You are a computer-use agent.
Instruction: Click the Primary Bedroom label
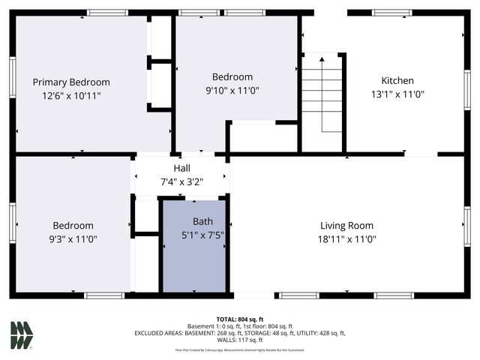click(x=71, y=82)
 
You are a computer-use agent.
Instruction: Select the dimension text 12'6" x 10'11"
click(x=71, y=96)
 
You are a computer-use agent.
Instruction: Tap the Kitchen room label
click(x=397, y=81)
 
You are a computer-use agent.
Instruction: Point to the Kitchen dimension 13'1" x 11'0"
click(x=397, y=95)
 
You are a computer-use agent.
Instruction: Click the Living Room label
click(x=348, y=226)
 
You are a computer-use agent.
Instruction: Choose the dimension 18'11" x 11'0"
click(x=348, y=239)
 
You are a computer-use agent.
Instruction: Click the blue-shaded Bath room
click(x=195, y=262)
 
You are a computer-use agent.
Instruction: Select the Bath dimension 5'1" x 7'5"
click(x=203, y=235)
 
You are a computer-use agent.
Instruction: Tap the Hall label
click(x=181, y=168)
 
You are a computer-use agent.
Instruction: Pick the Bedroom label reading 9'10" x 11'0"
click(x=232, y=83)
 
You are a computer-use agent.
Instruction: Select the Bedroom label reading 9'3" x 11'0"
click(x=73, y=232)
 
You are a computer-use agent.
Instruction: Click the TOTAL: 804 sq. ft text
click(x=239, y=319)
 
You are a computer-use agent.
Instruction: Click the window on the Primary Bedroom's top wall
click(x=107, y=13)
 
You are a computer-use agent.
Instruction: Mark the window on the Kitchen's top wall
click(x=392, y=13)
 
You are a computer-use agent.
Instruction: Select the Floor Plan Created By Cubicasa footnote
click(x=239, y=350)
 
